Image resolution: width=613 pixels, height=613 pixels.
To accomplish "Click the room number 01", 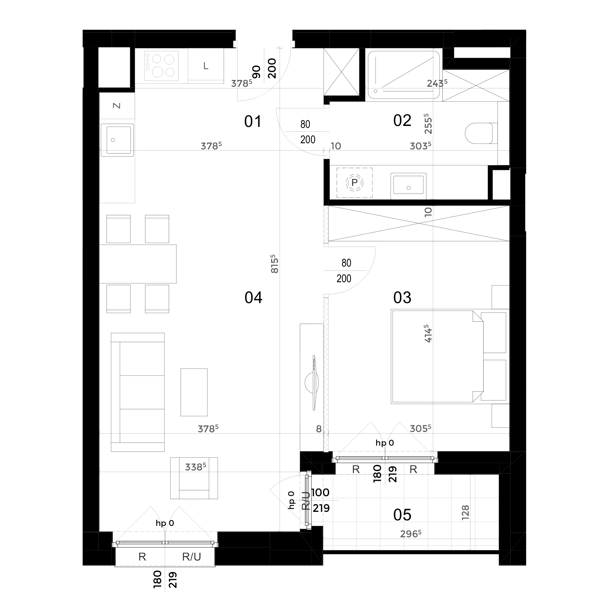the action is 253,122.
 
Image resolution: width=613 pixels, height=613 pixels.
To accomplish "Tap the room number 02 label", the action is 402,121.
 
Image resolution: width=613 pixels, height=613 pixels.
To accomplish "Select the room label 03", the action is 402,298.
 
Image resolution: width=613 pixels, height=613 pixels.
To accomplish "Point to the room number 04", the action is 253,298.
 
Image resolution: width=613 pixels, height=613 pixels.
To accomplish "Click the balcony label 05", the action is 402,515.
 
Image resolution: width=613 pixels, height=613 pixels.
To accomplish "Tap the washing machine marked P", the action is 354,183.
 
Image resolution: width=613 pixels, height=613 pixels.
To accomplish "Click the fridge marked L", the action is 206,66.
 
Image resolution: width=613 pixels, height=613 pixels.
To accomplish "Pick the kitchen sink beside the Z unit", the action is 117,140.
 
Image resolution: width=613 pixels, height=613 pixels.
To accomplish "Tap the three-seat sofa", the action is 138,392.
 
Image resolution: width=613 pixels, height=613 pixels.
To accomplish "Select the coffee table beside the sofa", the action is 194,392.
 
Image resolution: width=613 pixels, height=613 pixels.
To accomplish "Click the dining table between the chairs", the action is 138,264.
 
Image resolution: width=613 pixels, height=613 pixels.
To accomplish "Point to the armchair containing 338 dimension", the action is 194,478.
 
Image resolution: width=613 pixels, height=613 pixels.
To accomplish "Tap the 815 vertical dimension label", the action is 275,264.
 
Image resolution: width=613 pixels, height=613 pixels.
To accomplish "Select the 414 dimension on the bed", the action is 428,333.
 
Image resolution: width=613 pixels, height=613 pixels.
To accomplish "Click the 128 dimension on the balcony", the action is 466,512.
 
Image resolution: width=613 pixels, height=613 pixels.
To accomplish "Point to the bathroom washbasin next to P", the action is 408,186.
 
